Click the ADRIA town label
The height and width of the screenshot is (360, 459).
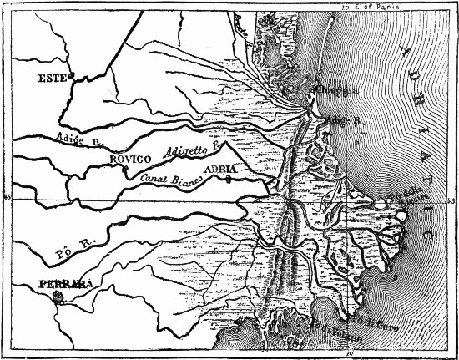click(221, 170)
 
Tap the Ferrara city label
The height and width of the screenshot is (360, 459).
click(64, 284)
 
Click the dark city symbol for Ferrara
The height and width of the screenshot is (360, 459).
click(57, 295)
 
